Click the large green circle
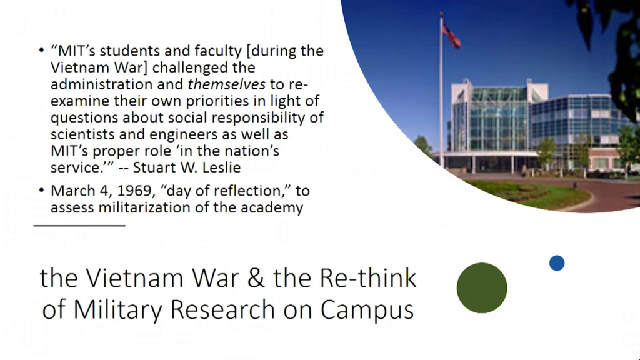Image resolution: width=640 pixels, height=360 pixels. click(x=482, y=287)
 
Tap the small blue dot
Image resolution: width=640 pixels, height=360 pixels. click(x=557, y=263)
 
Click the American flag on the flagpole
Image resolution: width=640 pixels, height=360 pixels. click(x=451, y=34)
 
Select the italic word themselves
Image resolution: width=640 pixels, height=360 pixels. click(x=226, y=84)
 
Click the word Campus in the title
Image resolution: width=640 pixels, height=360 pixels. click(x=367, y=310)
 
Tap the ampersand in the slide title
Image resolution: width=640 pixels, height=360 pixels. click(x=256, y=278)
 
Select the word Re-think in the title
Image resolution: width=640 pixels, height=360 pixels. click(x=367, y=277)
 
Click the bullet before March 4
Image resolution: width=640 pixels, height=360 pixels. click(x=41, y=191)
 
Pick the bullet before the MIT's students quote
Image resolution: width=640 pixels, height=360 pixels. click(x=41, y=51)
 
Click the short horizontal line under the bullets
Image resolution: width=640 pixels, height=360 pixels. click(x=79, y=225)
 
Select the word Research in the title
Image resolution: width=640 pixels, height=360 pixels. click(x=222, y=309)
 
